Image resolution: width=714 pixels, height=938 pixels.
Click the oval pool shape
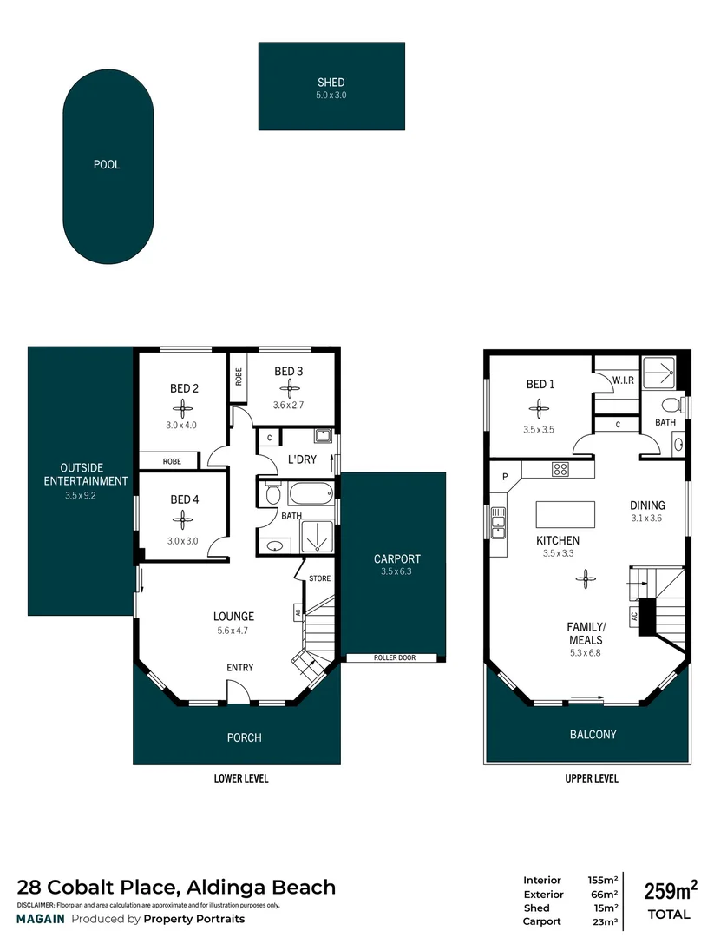pos(108,165)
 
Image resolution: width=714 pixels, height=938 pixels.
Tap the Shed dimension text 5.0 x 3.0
pos(331,96)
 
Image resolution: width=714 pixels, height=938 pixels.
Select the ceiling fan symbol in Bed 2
pos(183,408)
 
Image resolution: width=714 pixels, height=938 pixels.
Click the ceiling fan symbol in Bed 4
pos(182,519)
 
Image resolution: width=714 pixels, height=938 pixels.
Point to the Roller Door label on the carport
pos(395,657)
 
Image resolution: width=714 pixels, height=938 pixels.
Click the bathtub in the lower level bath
pos(309,496)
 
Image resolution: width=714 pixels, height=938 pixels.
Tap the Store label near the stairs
pos(319,578)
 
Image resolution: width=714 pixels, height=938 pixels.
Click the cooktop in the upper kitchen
pos(560,470)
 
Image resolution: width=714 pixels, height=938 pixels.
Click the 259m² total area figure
pos(670,891)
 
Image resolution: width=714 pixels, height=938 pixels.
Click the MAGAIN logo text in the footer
pos(41,919)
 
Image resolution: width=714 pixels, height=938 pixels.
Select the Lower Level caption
pos(241,778)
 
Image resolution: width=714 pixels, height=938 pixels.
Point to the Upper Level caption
pos(593,778)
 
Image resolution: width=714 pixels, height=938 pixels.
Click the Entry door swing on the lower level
pos(237,691)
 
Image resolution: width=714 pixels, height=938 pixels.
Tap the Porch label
pos(244,737)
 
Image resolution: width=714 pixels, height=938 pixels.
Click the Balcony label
pos(593,734)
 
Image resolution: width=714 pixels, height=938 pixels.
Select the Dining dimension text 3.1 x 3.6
pos(647,519)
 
